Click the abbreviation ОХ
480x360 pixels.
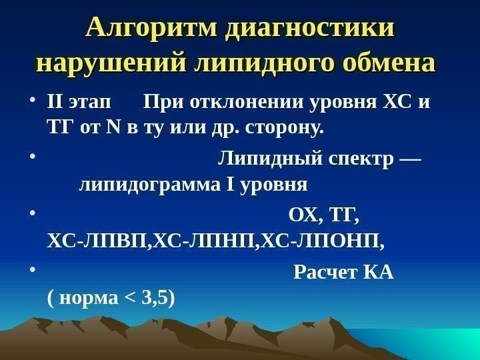coord(301,216)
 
